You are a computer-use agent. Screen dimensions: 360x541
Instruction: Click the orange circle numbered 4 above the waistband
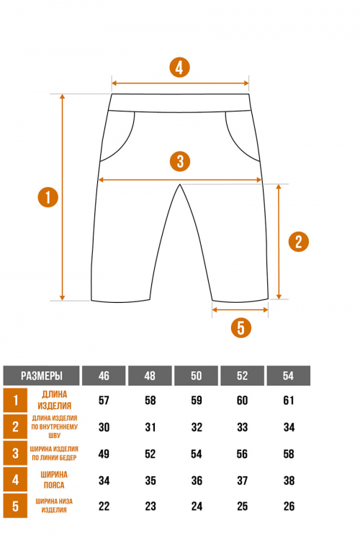tap(179, 68)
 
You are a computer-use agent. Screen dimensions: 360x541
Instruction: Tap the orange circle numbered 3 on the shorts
tap(180, 161)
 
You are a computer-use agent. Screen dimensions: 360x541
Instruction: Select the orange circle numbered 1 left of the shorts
tap(48, 197)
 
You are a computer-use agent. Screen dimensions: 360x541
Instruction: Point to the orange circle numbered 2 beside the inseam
tap(299, 242)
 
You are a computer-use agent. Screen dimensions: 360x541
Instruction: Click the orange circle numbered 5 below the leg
tap(241, 327)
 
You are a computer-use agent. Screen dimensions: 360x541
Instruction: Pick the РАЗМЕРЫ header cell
tap(42, 376)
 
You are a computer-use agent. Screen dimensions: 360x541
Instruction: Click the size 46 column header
tap(104, 376)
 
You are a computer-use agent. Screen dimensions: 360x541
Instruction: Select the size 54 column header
tap(288, 376)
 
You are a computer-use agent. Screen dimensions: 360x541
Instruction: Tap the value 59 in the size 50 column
tap(197, 400)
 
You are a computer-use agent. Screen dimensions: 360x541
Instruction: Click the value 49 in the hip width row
tap(104, 454)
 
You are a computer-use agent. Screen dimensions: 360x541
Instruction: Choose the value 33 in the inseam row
tap(243, 427)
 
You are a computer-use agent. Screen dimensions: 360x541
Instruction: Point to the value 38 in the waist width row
tap(289, 481)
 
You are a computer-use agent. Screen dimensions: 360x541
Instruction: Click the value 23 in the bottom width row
tap(150, 506)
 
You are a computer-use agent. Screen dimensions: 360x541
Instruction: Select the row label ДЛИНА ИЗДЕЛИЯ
tap(54, 400)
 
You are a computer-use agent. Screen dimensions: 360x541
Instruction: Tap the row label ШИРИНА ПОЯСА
tap(54, 480)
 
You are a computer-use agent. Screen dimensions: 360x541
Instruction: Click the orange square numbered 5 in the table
tap(15, 506)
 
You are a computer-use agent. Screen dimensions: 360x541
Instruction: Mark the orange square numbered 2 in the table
tap(15, 427)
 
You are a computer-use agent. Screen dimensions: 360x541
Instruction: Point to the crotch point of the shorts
tap(180, 185)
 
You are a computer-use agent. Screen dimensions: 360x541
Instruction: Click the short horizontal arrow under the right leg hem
tap(240, 310)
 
